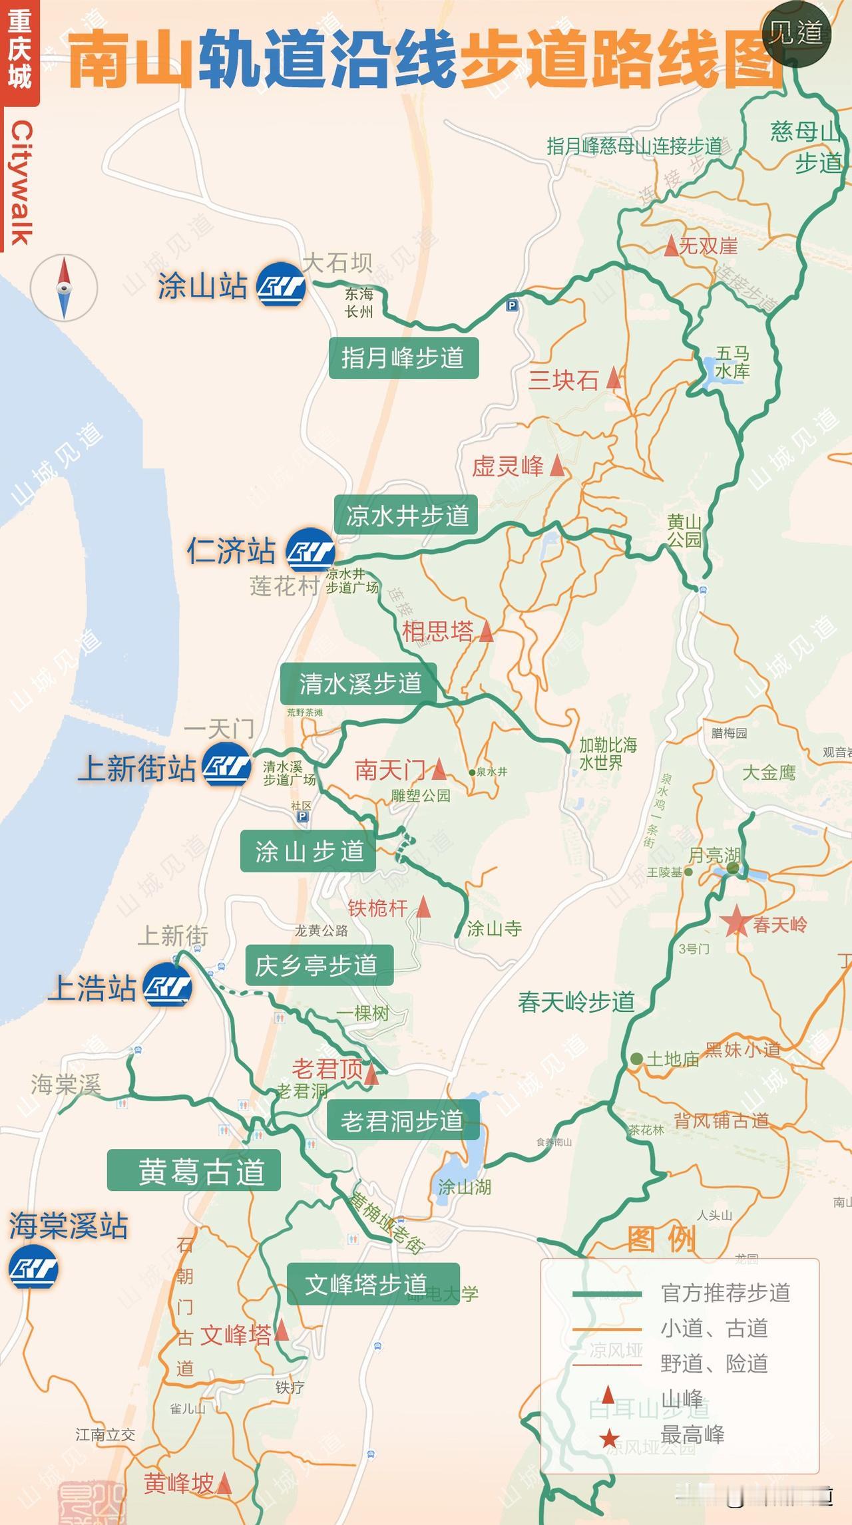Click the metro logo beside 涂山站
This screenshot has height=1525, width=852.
tap(281, 287)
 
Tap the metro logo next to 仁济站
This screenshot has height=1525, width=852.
tap(310, 550)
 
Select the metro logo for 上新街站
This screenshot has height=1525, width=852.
tap(227, 767)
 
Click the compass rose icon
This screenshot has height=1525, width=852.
tap(64, 288)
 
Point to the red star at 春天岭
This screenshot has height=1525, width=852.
tap(736, 923)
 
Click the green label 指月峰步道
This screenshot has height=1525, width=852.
tap(403, 358)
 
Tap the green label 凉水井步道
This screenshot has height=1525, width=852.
tap(406, 515)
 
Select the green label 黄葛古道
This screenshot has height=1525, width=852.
tap(194, 1171)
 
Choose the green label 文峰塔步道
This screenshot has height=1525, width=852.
tap(373, 1283)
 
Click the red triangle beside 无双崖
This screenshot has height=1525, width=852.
tap(671, 247)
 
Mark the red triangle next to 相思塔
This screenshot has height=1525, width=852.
tap(487, 631)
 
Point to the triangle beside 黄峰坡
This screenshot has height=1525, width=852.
tap(224, 1483)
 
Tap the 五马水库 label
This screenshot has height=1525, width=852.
tap(732, 363)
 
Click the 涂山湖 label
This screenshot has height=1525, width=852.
tap(465, 1186)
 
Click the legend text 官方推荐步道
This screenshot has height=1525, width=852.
tap(726, 1293)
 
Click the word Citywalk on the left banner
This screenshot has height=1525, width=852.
tap(21, 183)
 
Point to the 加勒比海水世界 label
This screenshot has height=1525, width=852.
tap(607, 753)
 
